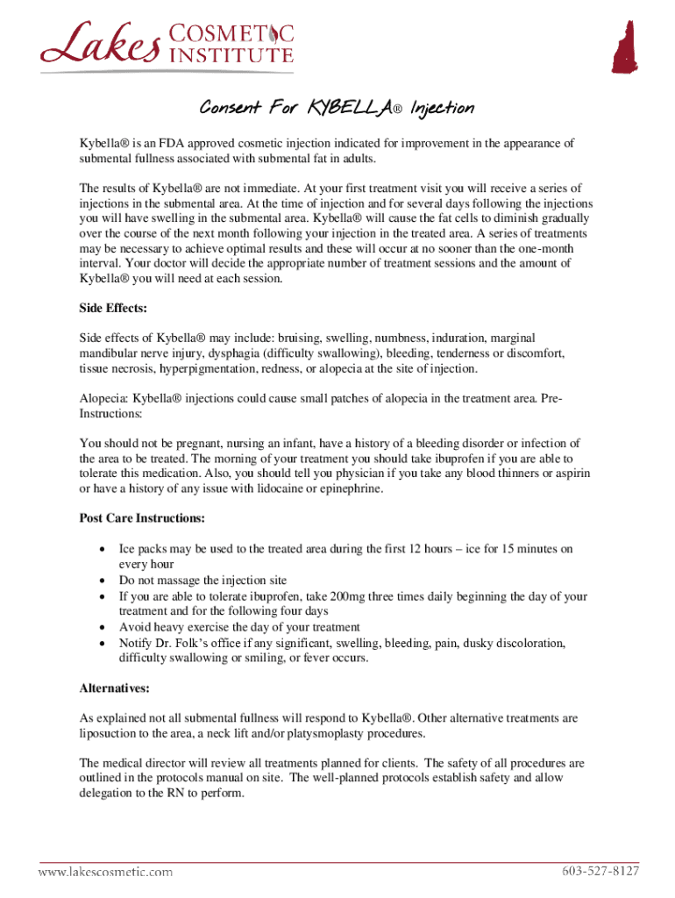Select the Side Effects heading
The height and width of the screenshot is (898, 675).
tap(113, 309)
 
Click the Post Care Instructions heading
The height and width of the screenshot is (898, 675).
tap(142, 517)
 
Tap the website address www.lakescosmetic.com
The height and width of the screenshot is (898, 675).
tap(104, 872)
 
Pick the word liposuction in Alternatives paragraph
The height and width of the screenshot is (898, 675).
tap(109, 734)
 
